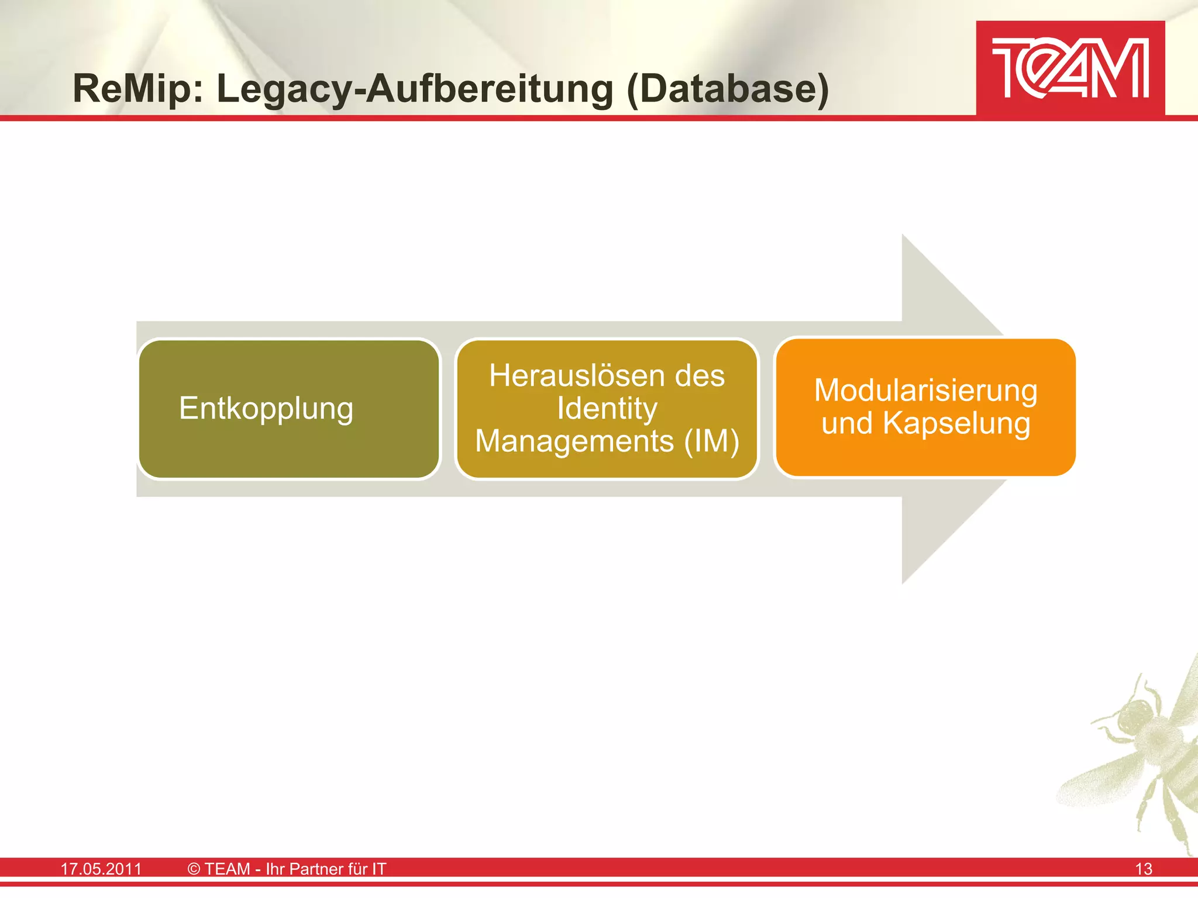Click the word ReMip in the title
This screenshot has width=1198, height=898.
pos(138,89)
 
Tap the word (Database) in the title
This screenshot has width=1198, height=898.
pos(728,89)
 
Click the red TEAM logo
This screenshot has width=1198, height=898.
pos(1070,68)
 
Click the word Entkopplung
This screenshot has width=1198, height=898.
pos(266,408)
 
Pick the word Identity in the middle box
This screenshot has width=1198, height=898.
pos(607,408)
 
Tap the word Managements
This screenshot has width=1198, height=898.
pos(574,441)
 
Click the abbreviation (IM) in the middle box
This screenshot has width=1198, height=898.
pos(712,441)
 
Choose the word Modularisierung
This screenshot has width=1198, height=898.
pos(925,391)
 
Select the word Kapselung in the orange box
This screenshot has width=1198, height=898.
pos(956,423)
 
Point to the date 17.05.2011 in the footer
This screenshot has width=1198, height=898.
pos(101,869)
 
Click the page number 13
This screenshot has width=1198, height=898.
pos(1143,869)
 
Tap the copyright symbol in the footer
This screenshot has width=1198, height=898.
pos(194,869)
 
